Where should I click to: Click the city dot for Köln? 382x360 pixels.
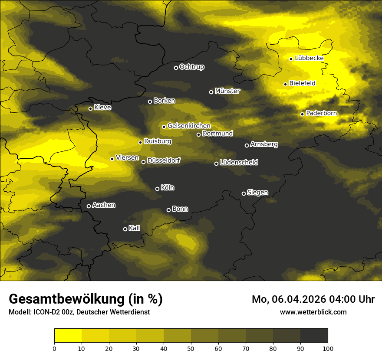(x=157, y=189)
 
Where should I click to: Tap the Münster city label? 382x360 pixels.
(x=227, y=91)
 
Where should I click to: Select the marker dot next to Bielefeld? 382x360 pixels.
(x=285, y=84)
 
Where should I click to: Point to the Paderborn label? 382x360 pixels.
(x=321, y=113)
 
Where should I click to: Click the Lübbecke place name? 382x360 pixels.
(x=309, y=58)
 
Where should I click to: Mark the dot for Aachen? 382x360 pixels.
(x=89, y=206)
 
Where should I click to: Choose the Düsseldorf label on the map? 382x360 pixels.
(x=164, y=160)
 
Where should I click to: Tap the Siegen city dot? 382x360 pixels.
(x=244, y=193)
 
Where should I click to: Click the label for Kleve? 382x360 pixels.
(x=102, y=108)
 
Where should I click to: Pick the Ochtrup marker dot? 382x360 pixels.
(x=176, y=68)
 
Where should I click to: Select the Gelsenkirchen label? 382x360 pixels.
(x=189, y=126)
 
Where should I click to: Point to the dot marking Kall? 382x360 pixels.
(x=125, y=229)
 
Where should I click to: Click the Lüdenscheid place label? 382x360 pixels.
(x=239, y=163)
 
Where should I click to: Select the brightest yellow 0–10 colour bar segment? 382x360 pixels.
(x=68, y=336)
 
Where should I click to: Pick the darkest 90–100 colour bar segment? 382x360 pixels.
(x=314, y=336)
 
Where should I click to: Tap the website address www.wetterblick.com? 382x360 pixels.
(x=313, y=312)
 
